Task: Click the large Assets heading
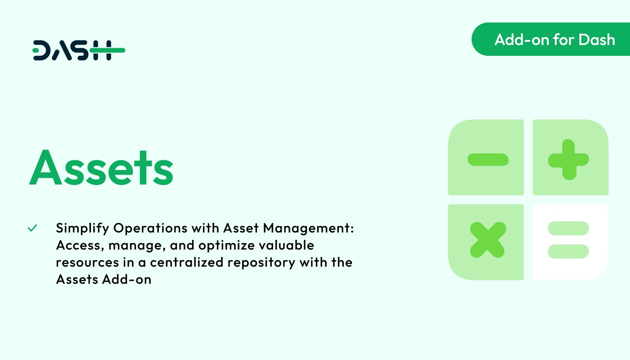coord(101,167)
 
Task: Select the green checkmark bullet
coord(32,228)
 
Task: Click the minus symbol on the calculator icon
coord(488,159)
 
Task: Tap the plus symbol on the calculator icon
coord(568,159)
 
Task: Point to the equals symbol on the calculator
coord(568,240)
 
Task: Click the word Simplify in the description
coord(82,229)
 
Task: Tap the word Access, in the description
coord(76,246)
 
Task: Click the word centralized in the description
coord(193,262)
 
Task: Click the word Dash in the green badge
coord(597,40)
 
